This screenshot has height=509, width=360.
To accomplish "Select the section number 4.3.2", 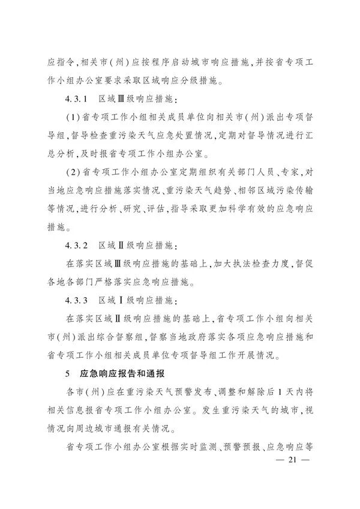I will [x=77, y=246].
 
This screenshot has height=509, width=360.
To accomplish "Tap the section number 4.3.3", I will [x=77, y=299].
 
